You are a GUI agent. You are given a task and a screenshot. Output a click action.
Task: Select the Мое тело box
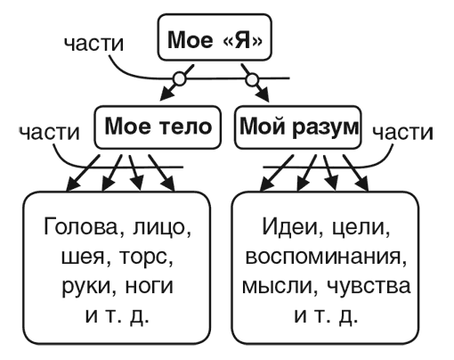[x=158, y=127]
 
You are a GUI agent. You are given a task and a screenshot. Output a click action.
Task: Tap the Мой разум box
[x=297, y=127]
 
